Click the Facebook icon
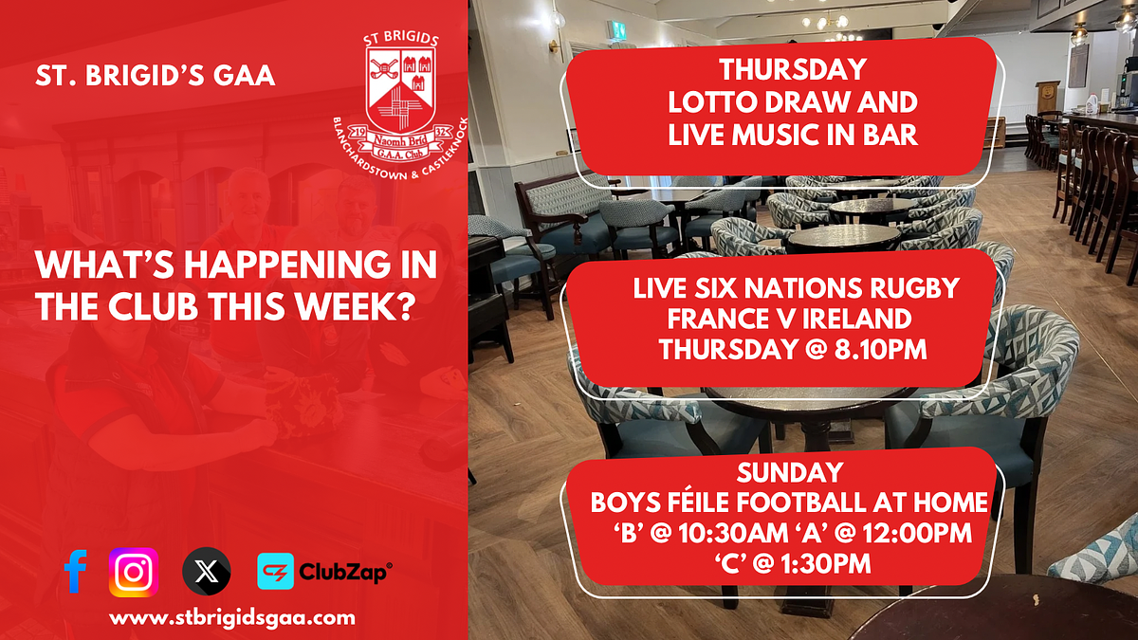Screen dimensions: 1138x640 [x=75, y=571]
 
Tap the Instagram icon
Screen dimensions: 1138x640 [x=134, y=572]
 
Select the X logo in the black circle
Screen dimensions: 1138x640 [x=207, y=572]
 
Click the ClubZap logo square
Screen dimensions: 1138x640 [x=275, y=571]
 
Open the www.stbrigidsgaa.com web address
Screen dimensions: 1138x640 [x=232, y=618]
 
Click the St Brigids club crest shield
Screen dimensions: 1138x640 [x=401, y=90]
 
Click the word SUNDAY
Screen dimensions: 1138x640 [x=790, y=472]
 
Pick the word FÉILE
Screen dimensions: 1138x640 [x=696, y=502]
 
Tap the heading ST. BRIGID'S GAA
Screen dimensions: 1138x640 [x=156, y=76]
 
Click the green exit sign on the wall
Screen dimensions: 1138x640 [x=617, y=30]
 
